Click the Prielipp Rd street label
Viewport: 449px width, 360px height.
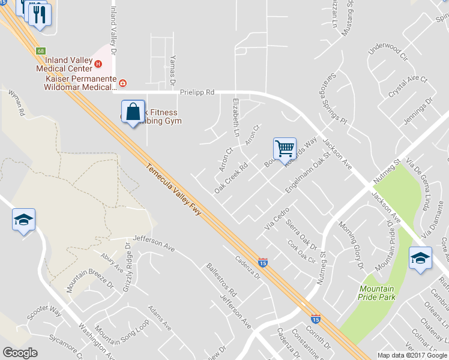click(197, 93)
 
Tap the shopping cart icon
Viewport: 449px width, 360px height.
click(285, 148)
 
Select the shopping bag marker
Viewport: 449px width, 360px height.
click(133, 112)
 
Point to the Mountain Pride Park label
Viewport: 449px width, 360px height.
click(376, 293)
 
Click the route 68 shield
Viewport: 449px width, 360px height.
click(40, 52)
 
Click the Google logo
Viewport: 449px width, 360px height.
click(20, 353)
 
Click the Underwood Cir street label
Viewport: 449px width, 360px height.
click(387, 53)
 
